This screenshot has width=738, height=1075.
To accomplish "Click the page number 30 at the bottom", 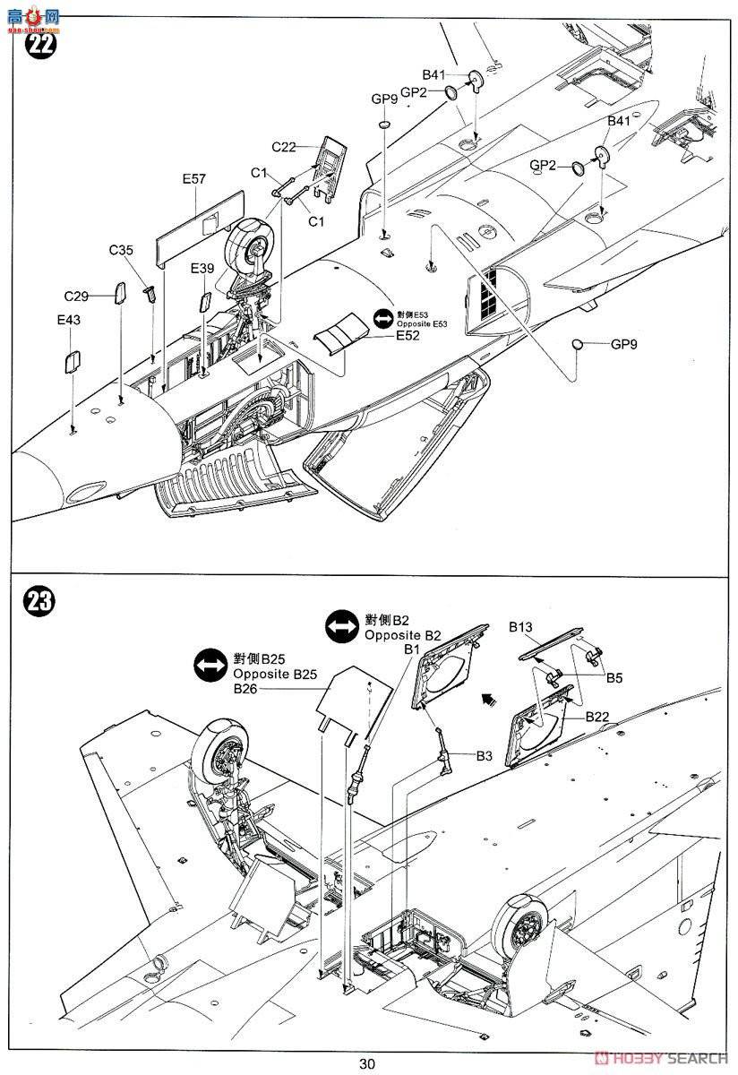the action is (367, 1063).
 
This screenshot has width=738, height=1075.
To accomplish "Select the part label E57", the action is (193, 178).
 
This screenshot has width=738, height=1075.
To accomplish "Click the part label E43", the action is (68, 320).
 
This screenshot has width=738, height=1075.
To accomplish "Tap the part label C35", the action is (123, 251).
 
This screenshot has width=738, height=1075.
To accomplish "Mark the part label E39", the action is (202, 269).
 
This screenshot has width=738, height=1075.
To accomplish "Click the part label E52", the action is (408, 337).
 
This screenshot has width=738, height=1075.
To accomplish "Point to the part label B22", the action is (599, 717).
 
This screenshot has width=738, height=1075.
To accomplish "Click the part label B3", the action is (484, 756).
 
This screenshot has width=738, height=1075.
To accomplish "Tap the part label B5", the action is (614, 678).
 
